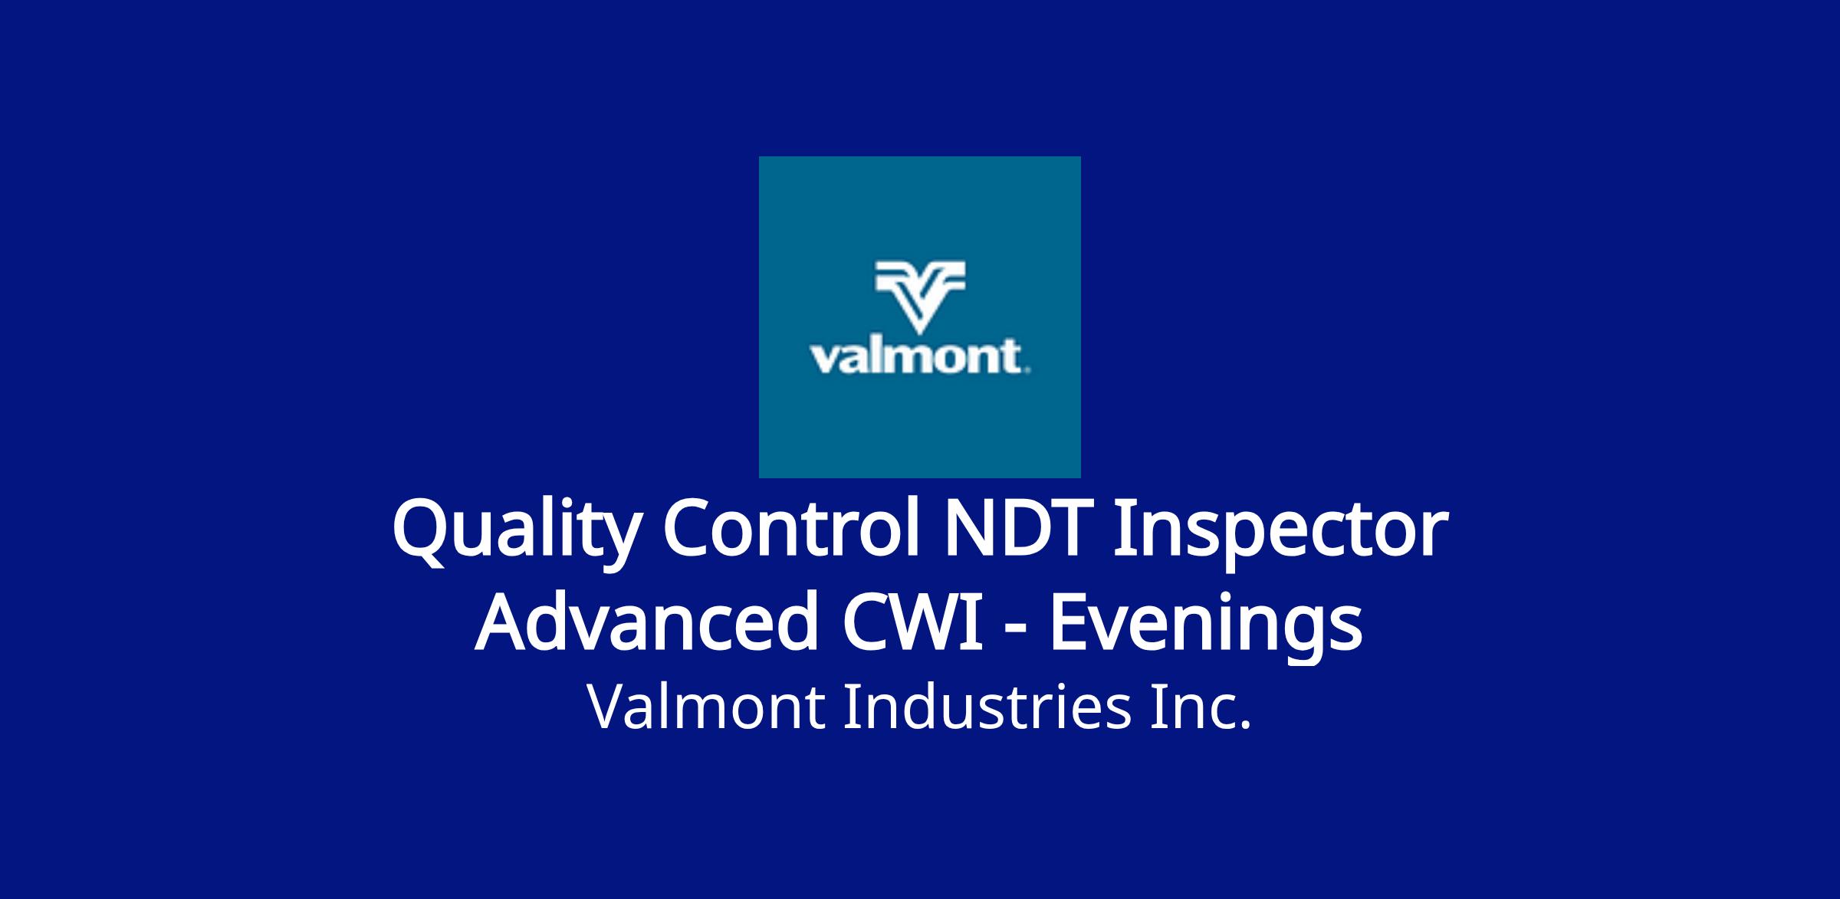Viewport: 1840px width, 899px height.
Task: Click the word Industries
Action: point(987,706)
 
